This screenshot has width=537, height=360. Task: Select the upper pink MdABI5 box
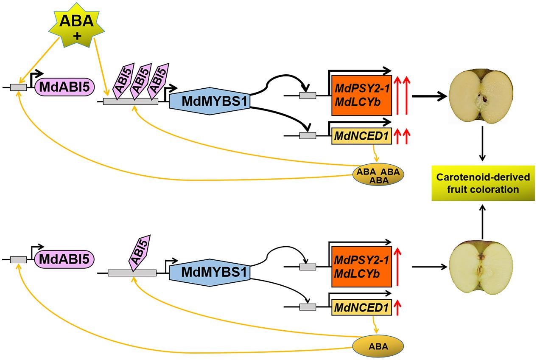coord(64,87)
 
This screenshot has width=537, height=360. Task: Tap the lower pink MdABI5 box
coord(64,259)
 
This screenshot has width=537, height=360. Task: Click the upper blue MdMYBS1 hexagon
coord(210,101)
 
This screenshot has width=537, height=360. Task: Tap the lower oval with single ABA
coord(378,346)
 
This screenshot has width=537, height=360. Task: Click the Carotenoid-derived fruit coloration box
coord(482,183)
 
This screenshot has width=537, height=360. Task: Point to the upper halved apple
coord(482,96)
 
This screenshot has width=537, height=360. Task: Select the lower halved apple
coord(482,267)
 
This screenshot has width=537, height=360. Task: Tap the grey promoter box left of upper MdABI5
coord(18,87)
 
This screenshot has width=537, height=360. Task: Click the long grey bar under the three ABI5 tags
coord(131,101)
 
